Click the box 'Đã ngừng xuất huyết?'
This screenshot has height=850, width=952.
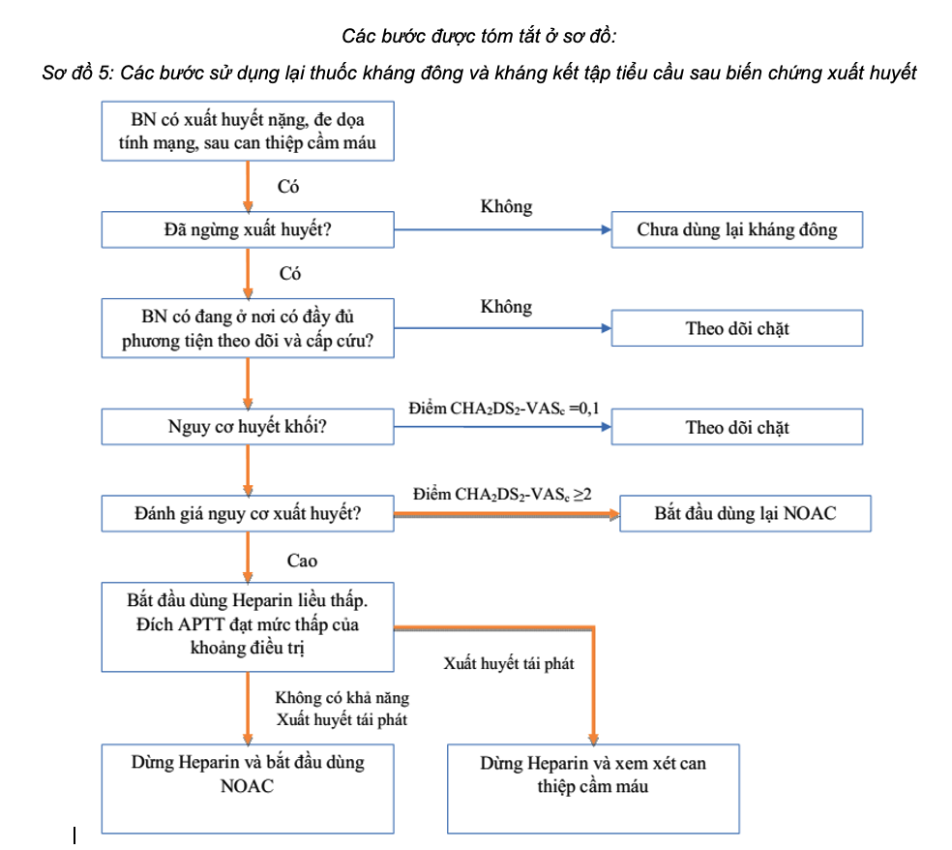point(248,230)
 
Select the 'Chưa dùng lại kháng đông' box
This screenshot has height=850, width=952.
point(736,230)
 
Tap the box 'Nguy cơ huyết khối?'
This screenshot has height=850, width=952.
point(248,427)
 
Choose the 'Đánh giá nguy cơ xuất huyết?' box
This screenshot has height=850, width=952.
point(248,513)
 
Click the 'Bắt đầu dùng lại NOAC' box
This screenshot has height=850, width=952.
point(745,513)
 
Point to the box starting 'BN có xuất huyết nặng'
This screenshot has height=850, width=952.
point(248,133)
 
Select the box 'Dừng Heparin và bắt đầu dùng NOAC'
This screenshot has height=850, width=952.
point(248,787)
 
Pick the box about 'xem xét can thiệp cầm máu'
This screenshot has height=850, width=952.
point(593,787)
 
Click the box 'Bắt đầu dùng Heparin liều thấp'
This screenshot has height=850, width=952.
point(248,625)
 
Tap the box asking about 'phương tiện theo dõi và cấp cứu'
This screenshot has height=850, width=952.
point(248,328)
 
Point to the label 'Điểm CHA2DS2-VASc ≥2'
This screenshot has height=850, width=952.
point(502,495)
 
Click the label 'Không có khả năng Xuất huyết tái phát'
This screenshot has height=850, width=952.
point(341,709)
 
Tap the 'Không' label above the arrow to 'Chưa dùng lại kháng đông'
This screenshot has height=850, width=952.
point(506,207)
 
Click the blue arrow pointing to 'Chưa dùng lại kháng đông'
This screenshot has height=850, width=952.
point(503,230)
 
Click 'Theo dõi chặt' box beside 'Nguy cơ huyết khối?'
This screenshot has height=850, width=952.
point(736,427)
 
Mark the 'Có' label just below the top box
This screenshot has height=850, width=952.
point(288,188)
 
